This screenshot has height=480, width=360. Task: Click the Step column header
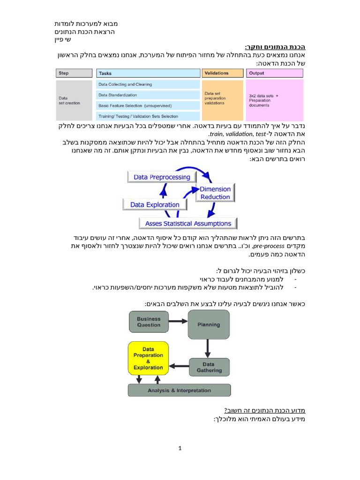74,73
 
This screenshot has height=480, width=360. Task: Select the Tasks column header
148,73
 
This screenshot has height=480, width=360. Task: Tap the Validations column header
222,73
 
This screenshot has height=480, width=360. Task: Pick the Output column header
274,73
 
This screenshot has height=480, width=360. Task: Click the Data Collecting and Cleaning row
148,84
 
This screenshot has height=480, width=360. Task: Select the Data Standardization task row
148,95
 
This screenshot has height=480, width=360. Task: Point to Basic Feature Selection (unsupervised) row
148,105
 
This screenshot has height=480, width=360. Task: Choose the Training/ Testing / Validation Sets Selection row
148,116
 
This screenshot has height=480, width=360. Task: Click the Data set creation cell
74,100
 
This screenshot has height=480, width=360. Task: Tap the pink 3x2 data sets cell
274,100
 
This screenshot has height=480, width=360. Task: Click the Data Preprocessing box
155,177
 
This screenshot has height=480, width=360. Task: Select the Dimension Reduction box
215,193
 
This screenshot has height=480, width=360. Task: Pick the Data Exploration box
155,205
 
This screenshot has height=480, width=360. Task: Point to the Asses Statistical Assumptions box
188,224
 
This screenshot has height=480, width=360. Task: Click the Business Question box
149,322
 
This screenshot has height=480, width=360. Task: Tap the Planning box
209,324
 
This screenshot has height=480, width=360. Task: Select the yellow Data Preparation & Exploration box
148,359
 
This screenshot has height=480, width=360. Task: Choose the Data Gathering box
209,367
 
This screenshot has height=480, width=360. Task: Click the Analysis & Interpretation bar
179,390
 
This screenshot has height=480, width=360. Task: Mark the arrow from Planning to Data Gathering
207,348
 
